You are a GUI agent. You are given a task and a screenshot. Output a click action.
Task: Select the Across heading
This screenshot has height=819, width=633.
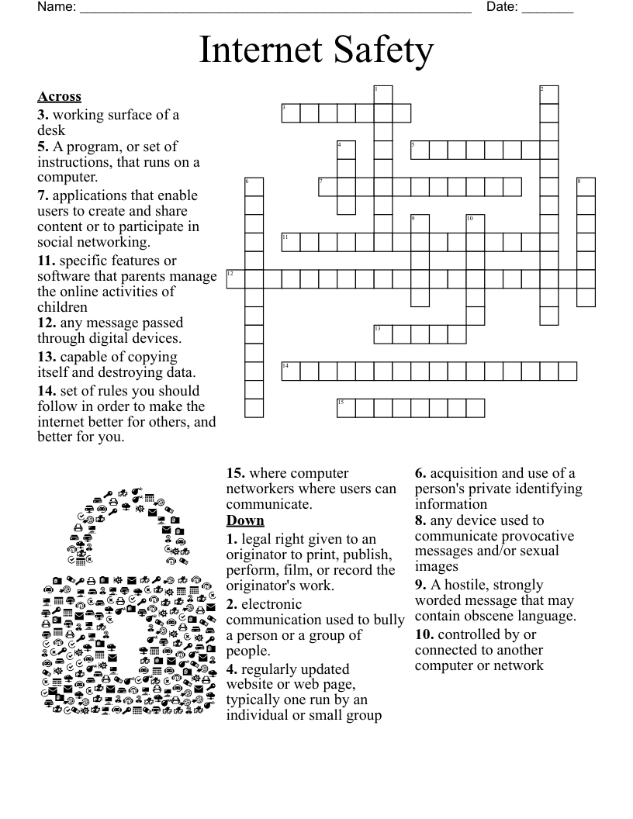[59, 97]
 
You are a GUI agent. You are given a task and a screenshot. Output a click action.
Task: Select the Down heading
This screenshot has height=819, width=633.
[245, 520]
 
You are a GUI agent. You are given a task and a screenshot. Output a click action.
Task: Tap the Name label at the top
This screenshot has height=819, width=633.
[57, 8]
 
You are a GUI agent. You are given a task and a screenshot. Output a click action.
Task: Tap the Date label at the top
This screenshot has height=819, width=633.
[501, 8]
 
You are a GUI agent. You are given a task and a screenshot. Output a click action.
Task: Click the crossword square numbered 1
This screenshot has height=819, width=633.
[383, 95]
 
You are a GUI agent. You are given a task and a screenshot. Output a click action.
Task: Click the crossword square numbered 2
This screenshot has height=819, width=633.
[549, 95]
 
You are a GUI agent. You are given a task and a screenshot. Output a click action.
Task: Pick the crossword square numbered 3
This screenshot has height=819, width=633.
[290, 113]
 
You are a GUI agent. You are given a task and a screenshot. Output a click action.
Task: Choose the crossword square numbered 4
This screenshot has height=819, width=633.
[346, 150]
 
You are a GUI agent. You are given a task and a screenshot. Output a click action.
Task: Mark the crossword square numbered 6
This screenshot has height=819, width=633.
[254, 187]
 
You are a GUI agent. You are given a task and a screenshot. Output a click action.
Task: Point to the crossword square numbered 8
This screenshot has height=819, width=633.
[586, 187]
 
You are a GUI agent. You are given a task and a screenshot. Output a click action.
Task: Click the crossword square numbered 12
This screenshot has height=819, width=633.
[235, 279]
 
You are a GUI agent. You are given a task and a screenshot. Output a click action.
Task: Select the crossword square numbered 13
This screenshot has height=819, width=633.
[383, 334]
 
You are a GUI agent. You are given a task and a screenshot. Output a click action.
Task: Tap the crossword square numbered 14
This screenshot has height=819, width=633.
[290, 371]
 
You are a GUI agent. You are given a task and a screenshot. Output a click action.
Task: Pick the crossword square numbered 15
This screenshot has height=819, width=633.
[346, 408]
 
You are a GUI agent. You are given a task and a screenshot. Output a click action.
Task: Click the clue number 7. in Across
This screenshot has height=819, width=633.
[43, 195]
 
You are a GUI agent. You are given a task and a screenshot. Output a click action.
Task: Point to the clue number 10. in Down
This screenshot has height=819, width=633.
[424, 634]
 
